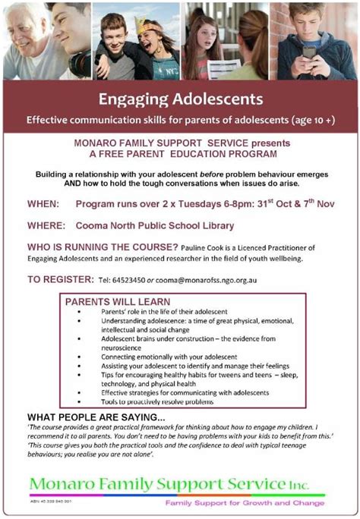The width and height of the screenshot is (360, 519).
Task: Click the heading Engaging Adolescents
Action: tap(180, 99)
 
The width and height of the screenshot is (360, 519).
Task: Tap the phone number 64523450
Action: tap(128, 280)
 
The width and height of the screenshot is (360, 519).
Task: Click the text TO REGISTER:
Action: tap(58, 279)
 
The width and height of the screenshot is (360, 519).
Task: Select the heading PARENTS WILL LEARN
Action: tap(112, 301)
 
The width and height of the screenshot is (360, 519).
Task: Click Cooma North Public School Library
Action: tap(155, 225)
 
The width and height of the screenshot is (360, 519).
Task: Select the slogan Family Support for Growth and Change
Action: tap(245, 505)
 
